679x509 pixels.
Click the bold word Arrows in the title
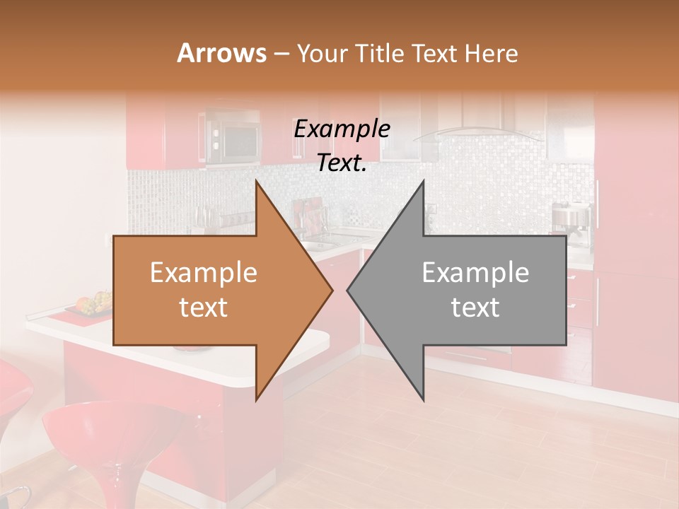[221, 53]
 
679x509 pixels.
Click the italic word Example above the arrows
[342, 129]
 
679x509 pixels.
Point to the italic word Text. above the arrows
[342, 163]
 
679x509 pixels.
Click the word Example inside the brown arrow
[203, 273]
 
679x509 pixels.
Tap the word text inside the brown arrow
[203, 308]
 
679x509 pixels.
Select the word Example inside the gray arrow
[475, 273]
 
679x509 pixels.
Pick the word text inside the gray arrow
[475, 308]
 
